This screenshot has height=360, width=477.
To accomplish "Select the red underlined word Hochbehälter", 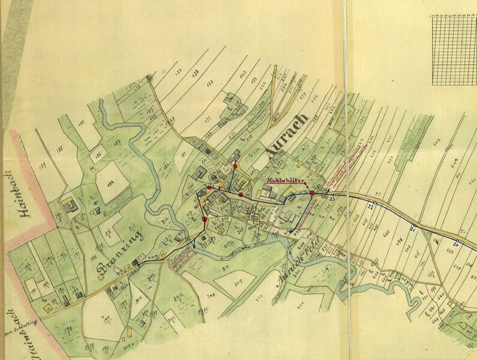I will click(287, 179).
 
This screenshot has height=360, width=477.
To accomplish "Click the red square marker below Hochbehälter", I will click(312, 192).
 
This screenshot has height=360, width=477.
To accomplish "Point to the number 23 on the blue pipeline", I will click(331, 199).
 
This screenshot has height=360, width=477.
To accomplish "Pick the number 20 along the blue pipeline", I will click(456, 244).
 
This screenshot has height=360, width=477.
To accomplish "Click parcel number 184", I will click(110, 183).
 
